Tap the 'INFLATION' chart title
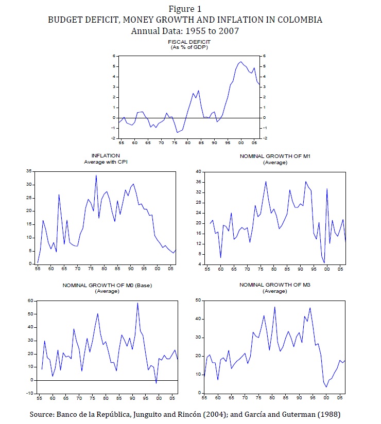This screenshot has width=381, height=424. click(x=106, y=155)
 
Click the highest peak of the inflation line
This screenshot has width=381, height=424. click(x=96, y=175)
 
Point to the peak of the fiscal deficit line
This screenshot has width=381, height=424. click(x=241, y=62)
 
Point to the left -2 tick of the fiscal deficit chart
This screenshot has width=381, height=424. click(x=114, y=138)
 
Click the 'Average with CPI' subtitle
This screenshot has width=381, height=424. click(x=106, y=162)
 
